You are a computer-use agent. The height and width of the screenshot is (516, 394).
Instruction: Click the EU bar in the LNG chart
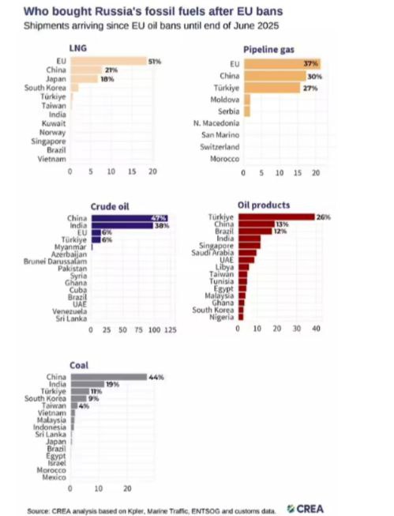(108, 61)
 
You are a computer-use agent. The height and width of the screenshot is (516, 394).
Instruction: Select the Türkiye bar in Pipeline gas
(272, 88)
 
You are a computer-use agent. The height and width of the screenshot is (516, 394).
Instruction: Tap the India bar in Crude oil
(122, 225)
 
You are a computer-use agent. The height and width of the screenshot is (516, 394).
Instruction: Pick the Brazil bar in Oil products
(256, 232)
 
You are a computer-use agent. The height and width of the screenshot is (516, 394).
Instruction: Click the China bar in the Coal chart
(109, 377)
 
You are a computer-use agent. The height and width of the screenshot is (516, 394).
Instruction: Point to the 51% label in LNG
(155, 62)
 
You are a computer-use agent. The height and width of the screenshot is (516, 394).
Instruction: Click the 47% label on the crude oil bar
(159, 218)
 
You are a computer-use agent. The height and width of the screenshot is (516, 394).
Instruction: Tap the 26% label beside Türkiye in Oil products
(323, 217)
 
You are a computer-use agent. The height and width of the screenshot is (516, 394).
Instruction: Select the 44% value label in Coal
(156, 378)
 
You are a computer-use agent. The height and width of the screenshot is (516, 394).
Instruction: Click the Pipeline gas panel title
(268, 50)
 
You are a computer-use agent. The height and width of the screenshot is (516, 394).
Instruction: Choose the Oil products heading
(264, 205)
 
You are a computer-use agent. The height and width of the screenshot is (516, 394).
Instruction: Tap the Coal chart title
(79, 365)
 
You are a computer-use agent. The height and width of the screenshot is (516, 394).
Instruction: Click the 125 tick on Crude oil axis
(171, 330)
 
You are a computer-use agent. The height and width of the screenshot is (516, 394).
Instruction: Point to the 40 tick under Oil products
(316, 329)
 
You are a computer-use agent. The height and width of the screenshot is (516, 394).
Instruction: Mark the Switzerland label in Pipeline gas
(220, 147)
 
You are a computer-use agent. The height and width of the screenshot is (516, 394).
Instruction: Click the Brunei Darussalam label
(55, 262)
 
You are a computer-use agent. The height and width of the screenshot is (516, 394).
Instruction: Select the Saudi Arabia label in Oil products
(212, 253)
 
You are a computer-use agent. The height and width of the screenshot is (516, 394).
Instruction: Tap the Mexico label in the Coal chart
(54, 477)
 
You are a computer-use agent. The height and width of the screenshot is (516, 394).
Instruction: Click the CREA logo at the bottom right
(306, 509)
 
